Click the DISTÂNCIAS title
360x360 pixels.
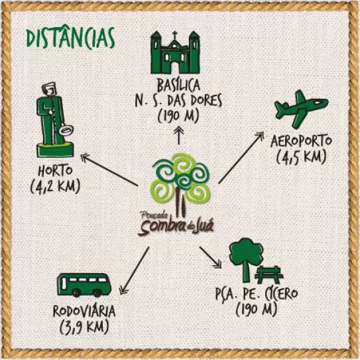click(70, 38)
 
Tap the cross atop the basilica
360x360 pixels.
click(175, 35)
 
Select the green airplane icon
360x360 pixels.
click(301, 109)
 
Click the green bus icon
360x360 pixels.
click(84, 284)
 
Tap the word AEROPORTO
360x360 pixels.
click(301, 141)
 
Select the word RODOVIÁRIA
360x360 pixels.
click(84, 311)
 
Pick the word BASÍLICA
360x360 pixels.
click(178, 86)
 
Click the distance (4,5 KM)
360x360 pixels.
click(301, 158)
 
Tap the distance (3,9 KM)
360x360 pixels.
click(84, 327)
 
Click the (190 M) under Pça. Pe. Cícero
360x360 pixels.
click(256, 310)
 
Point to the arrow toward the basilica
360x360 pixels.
click(179, 135)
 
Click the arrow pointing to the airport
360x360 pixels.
click(241, 158)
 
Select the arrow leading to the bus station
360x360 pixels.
click(135, 270)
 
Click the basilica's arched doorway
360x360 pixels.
click(175, 66)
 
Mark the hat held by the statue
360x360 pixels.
click(66, 131)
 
